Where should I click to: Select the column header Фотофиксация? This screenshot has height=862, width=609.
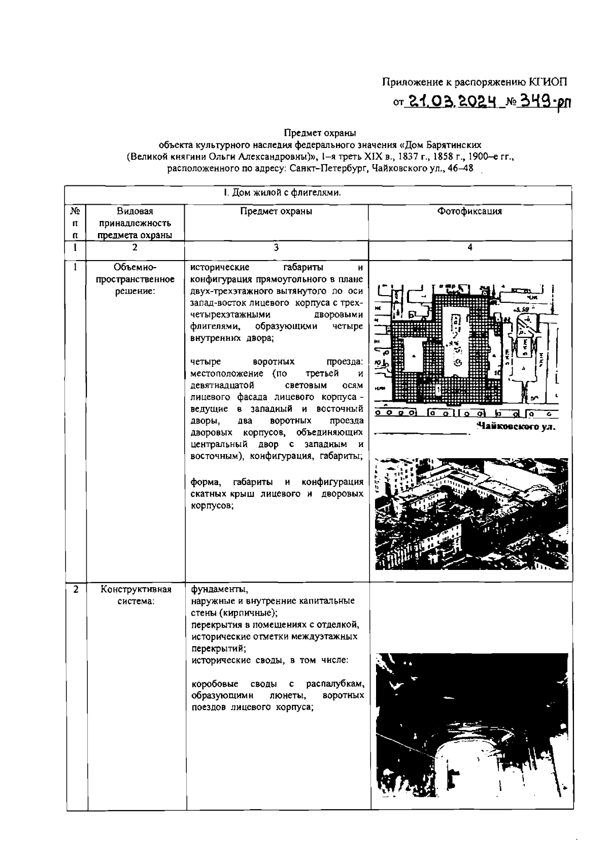[x=470, y=211]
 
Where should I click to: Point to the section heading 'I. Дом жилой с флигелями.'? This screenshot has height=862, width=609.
[x=282, y=193]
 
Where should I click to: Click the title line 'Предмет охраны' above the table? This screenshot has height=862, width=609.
[x=320, y=134]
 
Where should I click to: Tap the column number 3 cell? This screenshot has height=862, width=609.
[x=276, y=247]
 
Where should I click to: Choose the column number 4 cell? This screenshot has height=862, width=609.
[x=470, y=247]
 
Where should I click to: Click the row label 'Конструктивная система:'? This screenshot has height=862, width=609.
[x=136, y=596]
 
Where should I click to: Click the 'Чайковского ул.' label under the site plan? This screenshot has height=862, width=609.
[x=516, y=427]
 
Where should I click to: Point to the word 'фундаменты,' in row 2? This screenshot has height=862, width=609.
[x=219, y=590]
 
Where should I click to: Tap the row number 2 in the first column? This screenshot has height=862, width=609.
[x=76, y=590]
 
